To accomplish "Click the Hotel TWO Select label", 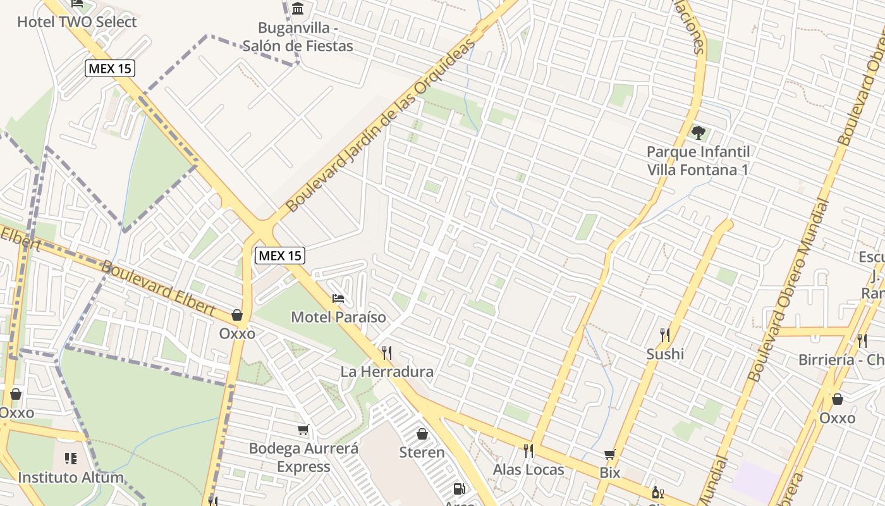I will pos(76,22).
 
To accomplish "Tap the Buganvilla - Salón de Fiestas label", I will pos(298,37).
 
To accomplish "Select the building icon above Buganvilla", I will pos(298,8).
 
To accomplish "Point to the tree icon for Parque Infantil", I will pos(698,133).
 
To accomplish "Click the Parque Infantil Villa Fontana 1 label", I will pos(698,161).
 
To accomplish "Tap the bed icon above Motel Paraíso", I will pos(338,298).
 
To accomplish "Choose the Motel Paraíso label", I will pos(338,317).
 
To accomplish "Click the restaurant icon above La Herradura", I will pos(386,352).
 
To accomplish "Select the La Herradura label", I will pos(387,371).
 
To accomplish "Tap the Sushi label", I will pos(664,354).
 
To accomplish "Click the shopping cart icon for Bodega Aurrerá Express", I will pos(303,430).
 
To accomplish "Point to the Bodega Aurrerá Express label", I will pos(303,457).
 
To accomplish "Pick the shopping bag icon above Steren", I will pos(422,434).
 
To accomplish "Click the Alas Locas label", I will pos(528,469).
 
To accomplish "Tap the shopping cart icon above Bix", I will pos(609,454).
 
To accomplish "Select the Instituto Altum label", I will pos(70,477).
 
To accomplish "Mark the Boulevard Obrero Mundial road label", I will pos(788,291).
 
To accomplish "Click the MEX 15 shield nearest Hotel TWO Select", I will pos(110,68).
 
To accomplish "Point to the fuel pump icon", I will pos(460,488).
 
